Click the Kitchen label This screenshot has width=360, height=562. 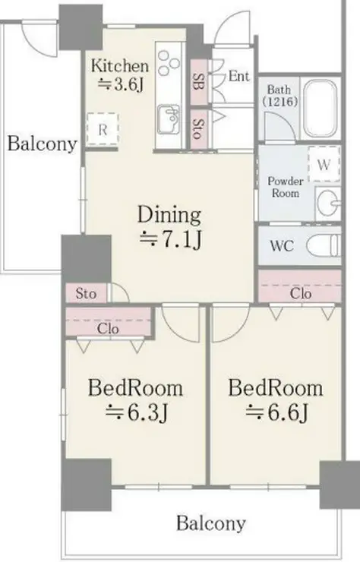[x=119, y=66]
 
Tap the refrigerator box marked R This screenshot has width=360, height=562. [x=103, y=129]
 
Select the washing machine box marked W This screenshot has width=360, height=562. [x=324, y=164]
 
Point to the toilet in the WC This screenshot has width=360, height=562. [x=324, y=245]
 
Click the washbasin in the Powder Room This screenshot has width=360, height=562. [x=328, y=203]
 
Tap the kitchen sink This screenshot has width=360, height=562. [x=169, y=119]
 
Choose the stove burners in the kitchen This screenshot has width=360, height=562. [x=169, y=63]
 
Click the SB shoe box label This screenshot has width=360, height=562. [x=198, y=82]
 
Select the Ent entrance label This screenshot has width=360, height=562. [x=238, y=76]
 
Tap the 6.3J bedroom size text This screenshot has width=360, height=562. [x=137, y=413]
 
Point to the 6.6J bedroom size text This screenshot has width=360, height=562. [x=276, y=413]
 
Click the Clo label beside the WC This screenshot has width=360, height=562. [x=301, y=294]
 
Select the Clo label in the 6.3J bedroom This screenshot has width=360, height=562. [x=108, y=328]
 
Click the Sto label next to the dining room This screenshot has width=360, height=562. [x=86, y=294]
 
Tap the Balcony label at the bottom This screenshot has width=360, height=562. [x=211, y=523]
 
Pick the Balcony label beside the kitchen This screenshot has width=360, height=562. [x=43, y=144]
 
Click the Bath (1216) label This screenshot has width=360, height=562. [x=279, y=96]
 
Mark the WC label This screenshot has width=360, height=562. [x=282, y=246]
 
